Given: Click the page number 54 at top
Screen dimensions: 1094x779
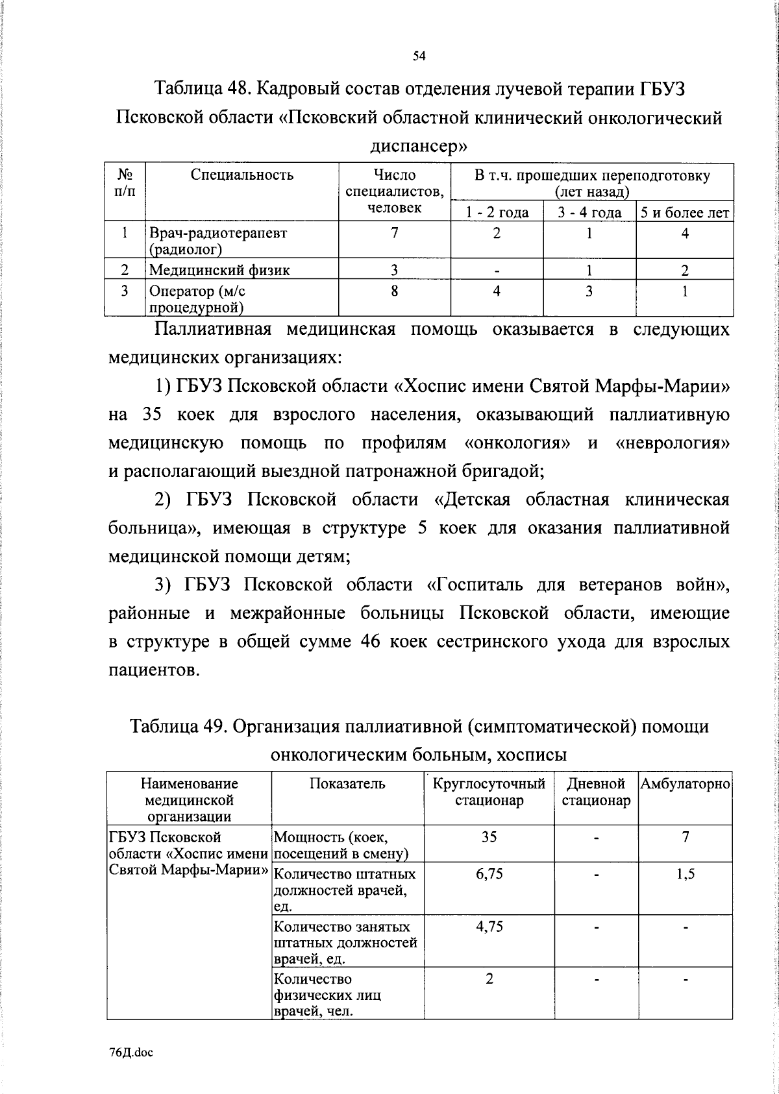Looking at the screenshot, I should pos(419,56).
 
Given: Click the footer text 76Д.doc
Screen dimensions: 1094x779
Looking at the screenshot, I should pos(130,1054).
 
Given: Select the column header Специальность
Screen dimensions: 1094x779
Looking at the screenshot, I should pos(242,175).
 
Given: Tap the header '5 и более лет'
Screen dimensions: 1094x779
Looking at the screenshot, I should pos(685,212).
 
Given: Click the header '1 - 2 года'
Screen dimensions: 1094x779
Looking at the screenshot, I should pos(497,212).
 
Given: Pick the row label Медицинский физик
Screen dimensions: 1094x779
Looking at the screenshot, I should pos(219,270).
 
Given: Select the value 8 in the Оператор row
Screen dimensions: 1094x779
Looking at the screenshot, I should pos(394,291).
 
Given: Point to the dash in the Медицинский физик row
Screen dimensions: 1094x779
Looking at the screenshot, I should pos(497,271).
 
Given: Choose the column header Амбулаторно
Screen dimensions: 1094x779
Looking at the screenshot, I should pos(686,784).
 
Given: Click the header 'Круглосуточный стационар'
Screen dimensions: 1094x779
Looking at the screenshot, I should pos(489,792).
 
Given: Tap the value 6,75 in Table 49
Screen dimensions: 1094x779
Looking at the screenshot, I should pos(489,874).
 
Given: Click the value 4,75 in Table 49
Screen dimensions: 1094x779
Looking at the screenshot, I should pos(489,927).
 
